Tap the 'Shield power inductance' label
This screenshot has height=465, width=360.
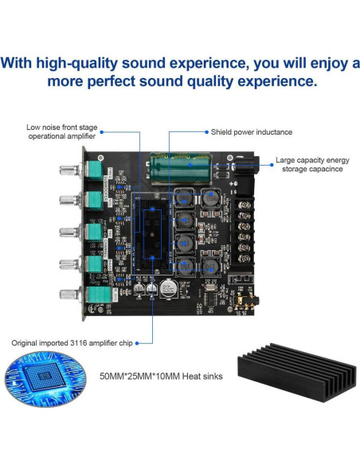(251, 131)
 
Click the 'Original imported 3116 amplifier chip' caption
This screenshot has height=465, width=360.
(70, 342)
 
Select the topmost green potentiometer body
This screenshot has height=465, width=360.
(95, 172)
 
